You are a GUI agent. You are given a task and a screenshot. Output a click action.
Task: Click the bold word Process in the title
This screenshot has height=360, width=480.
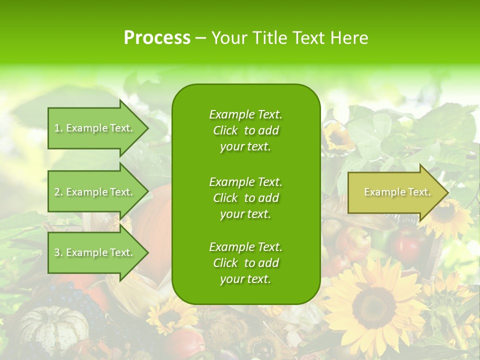(x=157, y=38)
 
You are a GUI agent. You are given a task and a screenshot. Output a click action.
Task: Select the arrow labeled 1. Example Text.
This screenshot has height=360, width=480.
(x=95, y=128)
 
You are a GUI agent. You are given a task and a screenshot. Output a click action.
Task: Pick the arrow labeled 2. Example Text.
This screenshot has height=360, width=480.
(x=95, y=192)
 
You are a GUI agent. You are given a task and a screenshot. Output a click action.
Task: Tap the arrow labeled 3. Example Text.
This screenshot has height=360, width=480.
(x=95, y=252)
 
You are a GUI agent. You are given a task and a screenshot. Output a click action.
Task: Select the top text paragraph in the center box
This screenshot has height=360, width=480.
(x=245, y=130)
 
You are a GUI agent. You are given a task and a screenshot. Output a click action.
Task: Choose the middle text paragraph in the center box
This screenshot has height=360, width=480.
(x=245, y=198)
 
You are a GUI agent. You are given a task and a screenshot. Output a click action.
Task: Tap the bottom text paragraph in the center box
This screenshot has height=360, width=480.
(x=245, y=263)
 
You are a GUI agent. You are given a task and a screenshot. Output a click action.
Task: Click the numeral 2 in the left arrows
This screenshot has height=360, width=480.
(x=57, y=192)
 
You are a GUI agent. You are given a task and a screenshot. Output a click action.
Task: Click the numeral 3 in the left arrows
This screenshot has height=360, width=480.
(x=57, y=252)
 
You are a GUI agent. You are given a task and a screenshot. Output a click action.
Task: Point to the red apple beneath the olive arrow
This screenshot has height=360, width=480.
(x=407, y=243)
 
